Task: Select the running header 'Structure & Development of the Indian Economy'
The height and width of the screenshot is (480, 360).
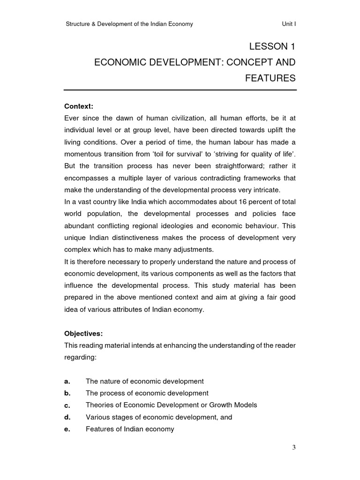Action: pyautogui.click(x=129, y=24)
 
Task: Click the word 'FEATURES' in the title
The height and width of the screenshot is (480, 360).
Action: pyautogui.click(x=270, y=78)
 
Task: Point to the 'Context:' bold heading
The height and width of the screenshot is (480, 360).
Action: pyautogui.click(x=79, y=106)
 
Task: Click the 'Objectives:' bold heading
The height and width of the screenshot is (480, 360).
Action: pyautogui.click(x=83, y=334)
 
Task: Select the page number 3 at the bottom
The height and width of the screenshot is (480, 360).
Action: pyautogui.click(x=294, y=447)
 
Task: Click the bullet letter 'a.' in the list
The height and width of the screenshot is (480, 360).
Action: pyautogui.click(x=67, y=381)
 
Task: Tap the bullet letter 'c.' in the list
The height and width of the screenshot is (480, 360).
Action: pyautogui.click(x=67, y=405)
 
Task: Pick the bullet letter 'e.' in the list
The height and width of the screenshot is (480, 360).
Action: pyautogui.click(x=67, y=429)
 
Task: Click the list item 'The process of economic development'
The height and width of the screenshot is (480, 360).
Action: pyautogui.click(x=147, y=393)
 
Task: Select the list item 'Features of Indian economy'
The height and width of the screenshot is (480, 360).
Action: pyautogui.click(x=130, y=429)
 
